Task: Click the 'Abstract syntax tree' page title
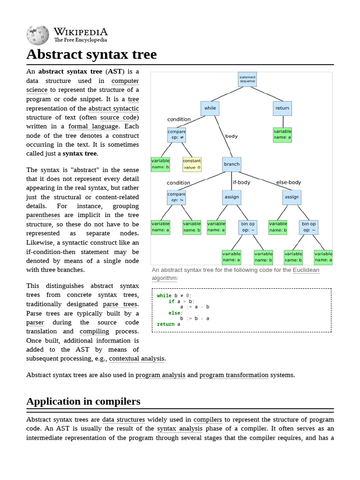(91, 54)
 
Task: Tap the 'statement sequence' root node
(247, 79)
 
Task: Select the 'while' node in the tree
(210, 108)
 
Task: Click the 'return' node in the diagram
(282, 108)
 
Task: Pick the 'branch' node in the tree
(232, 164)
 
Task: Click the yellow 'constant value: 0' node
(192, 164)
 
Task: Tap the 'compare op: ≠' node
(176, 135)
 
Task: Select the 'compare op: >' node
(176, 197)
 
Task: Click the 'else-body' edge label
(288, 182)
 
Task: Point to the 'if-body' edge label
(241, 182)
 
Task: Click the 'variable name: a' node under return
(282, 135)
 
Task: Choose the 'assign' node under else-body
(292, 197)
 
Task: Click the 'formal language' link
(93, 126)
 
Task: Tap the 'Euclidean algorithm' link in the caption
(306, 270)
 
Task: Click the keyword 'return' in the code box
(165, 324)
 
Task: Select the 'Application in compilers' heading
(83, 401)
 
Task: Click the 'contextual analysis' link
(137, 359)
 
